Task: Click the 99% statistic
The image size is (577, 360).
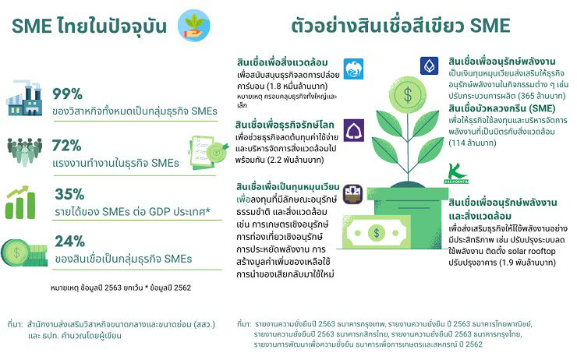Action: pyautogui.click(x=67, y=94)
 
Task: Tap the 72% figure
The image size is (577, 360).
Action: pyautogui.click(x=66, y=146)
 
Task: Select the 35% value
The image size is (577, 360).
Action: pyautogui.click(x=69, y=194)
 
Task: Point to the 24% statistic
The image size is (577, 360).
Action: pyautogui.click(x=70, y=242)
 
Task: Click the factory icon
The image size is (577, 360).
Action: pyautogui.click(x=24, y=97)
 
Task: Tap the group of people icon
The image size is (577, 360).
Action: pyautogui.click(x=24, y=152)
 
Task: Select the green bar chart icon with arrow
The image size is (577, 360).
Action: pyautogui.click(x=20, y=203)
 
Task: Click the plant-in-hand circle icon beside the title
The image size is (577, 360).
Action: pyautogui.click(x=194, y=26)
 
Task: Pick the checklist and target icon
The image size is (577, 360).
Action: pyautogui.click(x=207, y=153)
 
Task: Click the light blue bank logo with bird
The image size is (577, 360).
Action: pyautogui.click(x=353, y=69)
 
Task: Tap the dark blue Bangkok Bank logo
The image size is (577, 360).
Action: pyautogui.click(x=429, y=65)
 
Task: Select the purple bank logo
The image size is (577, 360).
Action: pyautogui.click(x=354, y=130)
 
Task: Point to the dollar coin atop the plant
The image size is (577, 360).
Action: pyautogui.click(x=407, y=94)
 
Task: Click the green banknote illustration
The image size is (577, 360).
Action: pyautogui.click(x=376, y=232)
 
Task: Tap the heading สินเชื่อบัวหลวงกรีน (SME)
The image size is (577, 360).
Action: pyautogui.click(x=502, y=108)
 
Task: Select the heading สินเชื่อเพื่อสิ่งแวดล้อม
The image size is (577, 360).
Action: pyautogui.click(x=282, y=62)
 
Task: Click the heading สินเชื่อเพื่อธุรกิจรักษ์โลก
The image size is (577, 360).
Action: pyautogui.click(x=285, y=125)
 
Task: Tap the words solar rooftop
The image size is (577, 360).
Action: pyautogui.click(x=531, y=251)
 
